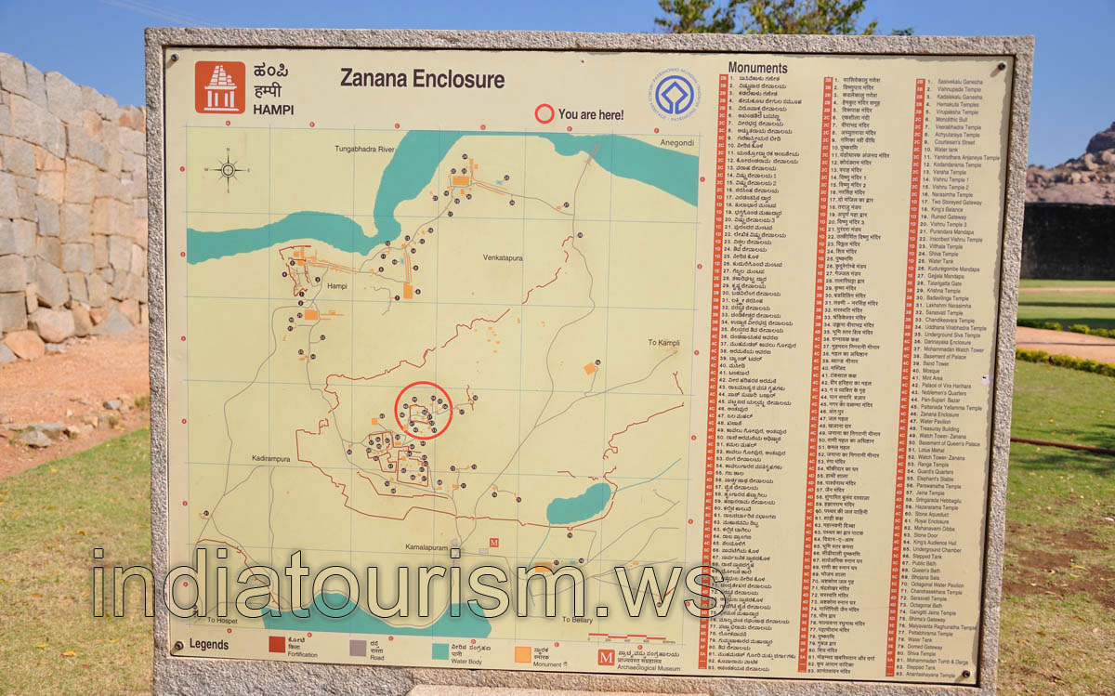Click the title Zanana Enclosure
click(x=422, y=79)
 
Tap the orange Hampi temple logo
click(x=219, y=87)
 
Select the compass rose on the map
click(x=228, y=170)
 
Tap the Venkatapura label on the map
click(x=505, y=256)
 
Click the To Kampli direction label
click(x=664, y=343)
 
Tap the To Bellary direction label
click(x=577, y=619)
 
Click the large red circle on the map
click(x=424, y=410)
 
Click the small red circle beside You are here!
click(x=544, y=115)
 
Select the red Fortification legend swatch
click(x=278, y=645)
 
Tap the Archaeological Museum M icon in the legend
click(x=606, y=657)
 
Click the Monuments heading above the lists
click(x=757, y=68)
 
